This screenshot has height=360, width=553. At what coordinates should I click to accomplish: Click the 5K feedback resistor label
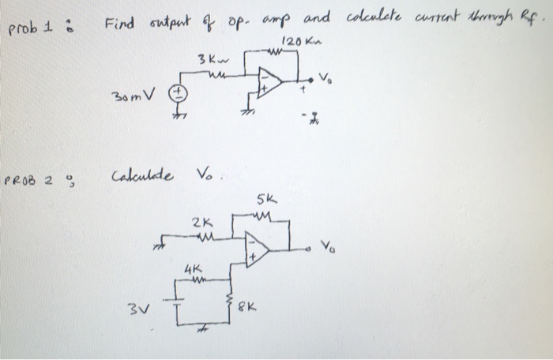pos(265,201)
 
